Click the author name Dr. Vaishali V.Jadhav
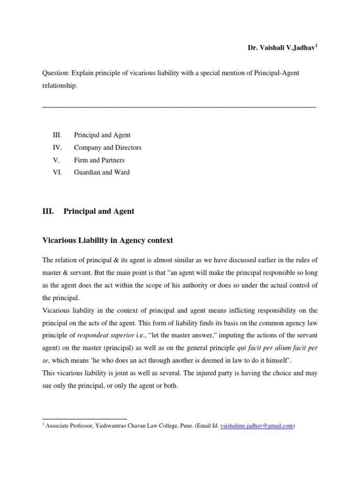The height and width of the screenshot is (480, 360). pos(281,48)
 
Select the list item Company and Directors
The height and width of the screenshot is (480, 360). pos(107,148)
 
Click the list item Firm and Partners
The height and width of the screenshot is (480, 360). pos(99,160)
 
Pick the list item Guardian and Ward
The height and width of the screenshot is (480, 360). pos(102,172)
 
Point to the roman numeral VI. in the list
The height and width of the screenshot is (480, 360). pos(58,172)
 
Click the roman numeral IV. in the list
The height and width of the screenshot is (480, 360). pos(58,148)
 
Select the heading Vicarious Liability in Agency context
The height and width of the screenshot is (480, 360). pos(107,240)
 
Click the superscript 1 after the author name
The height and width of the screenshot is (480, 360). pos(316,46)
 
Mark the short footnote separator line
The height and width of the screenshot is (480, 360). pos(84,419)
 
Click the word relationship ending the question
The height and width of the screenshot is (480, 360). pos(59,86)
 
